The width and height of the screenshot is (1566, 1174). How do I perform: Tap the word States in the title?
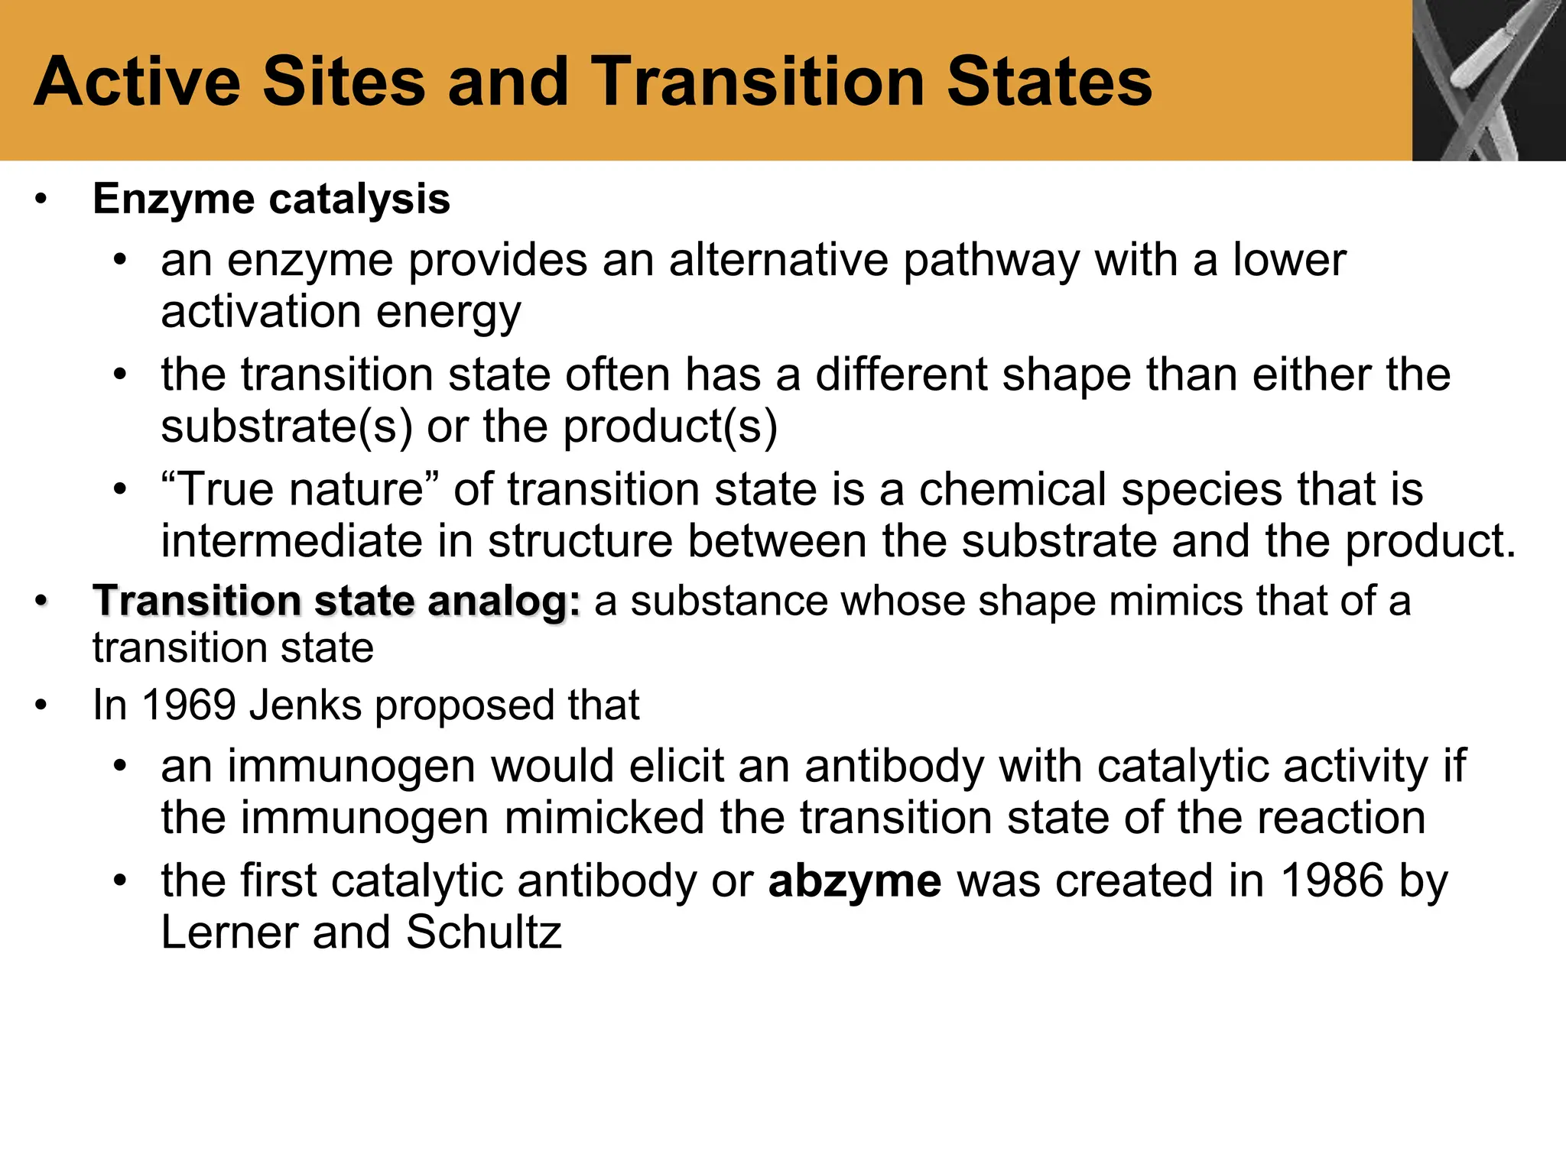[1049, 82]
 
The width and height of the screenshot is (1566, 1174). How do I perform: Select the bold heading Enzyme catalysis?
[271, 199]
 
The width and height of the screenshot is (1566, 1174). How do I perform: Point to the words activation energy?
[341, 313]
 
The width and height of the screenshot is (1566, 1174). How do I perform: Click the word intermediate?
[291, 541]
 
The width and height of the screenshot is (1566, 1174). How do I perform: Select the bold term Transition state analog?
[336, 601]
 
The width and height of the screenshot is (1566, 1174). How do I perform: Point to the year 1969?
[188, 705]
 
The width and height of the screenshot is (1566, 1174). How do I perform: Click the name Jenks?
[305, 705]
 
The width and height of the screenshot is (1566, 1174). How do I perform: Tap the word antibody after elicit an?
[894, 766]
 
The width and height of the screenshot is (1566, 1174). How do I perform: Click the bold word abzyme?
[854, 880]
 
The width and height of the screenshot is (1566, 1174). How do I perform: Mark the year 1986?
[1332, 880]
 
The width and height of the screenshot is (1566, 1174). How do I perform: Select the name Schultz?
[483, 932]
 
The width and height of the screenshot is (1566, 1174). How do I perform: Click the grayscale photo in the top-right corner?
[1488, 79]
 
